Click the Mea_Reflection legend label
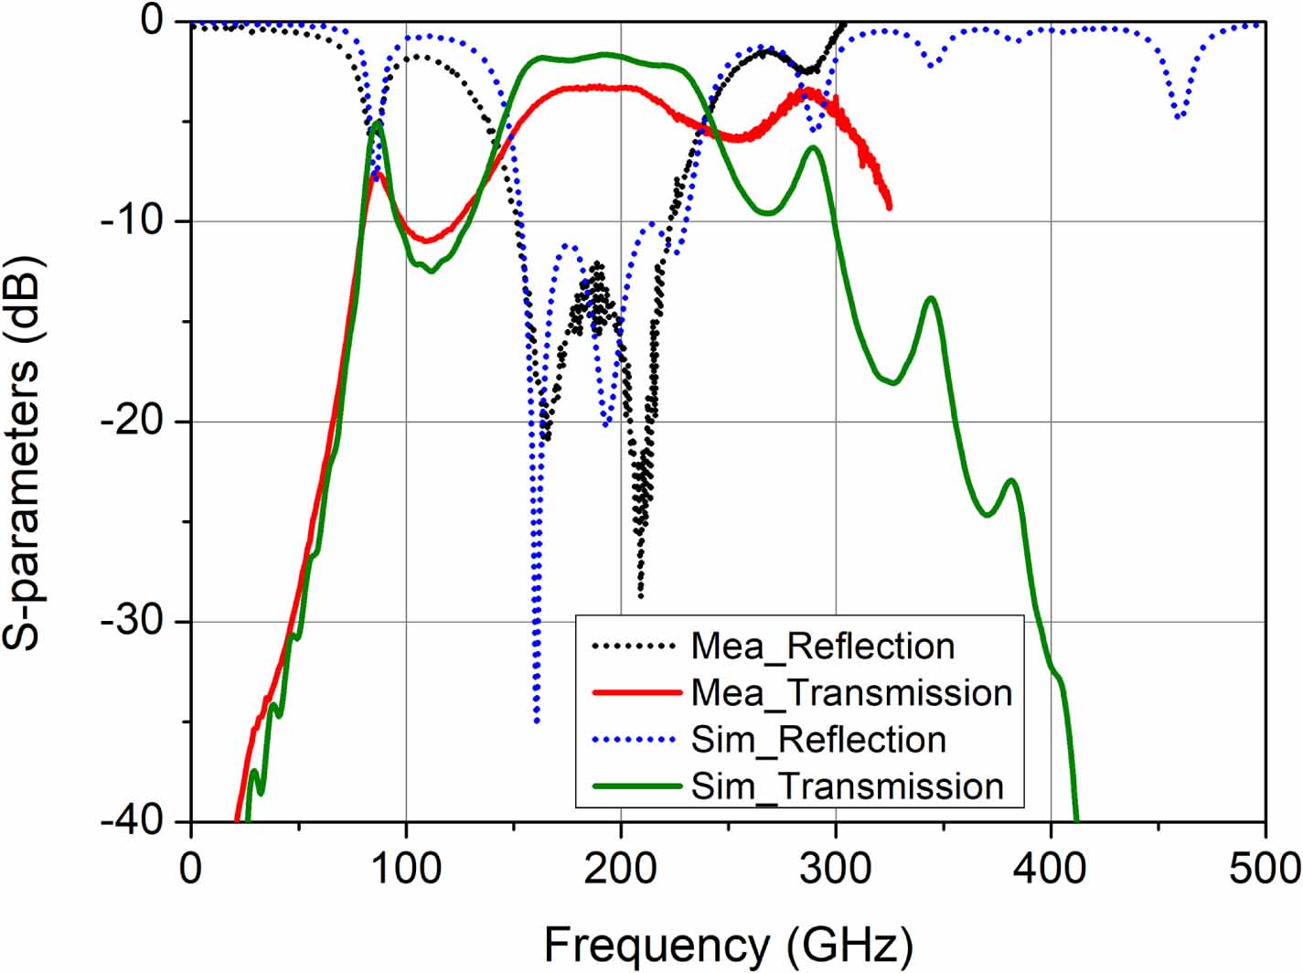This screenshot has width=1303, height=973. click(x=822, y=647)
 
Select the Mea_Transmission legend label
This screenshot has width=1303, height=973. click(x=851, y=693)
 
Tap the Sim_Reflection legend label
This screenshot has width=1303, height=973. click(x=818, y=740)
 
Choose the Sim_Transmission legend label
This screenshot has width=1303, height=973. click(x=847, y=786)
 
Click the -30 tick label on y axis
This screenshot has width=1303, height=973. click(x=134, y=622)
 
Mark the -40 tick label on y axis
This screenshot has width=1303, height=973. click(x=134, y=821)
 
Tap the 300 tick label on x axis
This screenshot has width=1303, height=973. click(x=835, y=868)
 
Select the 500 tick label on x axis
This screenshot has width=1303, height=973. click(x=1265, y=868)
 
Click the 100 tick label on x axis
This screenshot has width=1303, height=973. click(x=405, y=868)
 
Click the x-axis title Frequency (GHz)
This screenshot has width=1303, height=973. click(x=728, y=944)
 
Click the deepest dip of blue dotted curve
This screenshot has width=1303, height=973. click(x=537, y=722)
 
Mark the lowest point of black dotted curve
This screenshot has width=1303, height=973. click(x=640, y=596)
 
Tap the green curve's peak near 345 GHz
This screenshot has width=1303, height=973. click(x=931, y=298)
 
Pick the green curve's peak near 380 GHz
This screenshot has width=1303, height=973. click(x=1010, y=480)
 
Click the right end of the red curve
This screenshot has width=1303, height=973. click(x=888, y=208)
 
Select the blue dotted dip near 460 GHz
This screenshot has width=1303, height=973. click(x=1180, y=117)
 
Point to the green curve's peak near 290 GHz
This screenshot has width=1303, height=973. click(x=813, y=147)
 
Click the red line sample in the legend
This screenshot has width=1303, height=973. click(x=636, y=693)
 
